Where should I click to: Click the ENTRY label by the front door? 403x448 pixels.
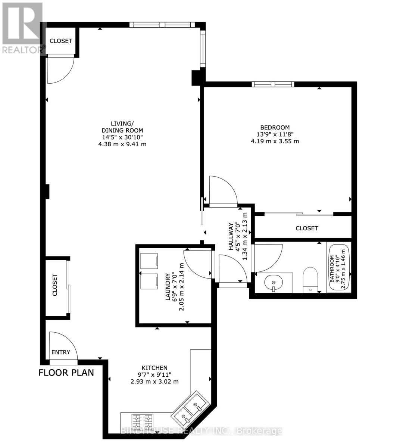[x=60, y=352]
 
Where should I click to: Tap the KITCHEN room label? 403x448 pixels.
[x=154, y=368]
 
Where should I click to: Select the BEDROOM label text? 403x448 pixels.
[x=275, y=128]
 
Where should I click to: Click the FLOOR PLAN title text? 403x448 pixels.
[x=66, y=373]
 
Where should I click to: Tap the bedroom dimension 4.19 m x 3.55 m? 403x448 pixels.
[x=275, y=141]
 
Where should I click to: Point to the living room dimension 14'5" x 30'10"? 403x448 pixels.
[x=122, y=137]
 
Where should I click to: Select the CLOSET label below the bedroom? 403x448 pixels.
[x=307, y=228]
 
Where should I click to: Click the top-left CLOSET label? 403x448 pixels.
[x=61, y=41]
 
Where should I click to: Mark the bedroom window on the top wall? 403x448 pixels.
[x=273, y=84]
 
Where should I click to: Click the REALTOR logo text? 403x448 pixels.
[x=22, y=49]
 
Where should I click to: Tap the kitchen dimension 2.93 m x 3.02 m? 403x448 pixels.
[x=154, y=382]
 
